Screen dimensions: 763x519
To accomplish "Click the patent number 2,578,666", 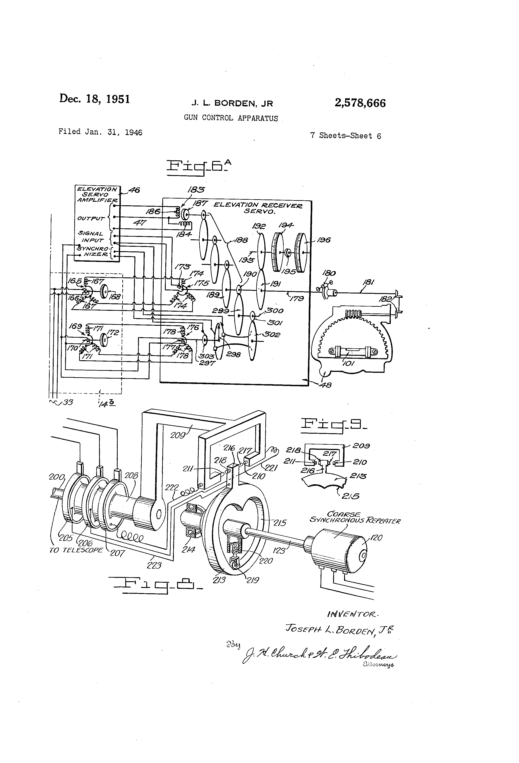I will click(x=360, y=103).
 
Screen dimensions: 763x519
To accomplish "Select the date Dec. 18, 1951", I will click(x=94, y=99).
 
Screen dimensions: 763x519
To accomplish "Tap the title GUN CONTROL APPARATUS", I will click(x=231, y=118).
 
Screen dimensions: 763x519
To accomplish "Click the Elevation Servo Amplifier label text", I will click(x=97, y=194).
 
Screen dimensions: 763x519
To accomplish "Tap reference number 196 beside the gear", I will click(x=324, y=240).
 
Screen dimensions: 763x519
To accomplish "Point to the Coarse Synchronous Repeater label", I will click(x=354, y=518).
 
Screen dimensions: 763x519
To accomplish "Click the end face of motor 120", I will click(x=362, y=555).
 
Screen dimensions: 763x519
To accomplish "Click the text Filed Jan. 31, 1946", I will click(x=100, y=132).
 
